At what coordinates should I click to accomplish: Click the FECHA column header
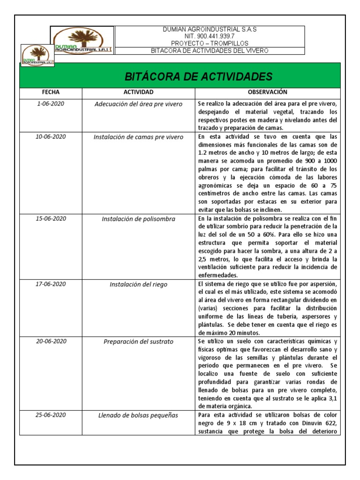pyautogui.click(x=51, y=92)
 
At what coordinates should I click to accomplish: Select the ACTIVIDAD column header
pyautogui.click(x=138, y=92)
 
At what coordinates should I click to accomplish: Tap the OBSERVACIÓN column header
pyautogui.click(x=267, y=92)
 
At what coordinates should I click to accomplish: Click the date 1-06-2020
pyautogui.click(x=51, y=104)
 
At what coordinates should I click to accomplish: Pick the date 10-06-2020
pyautogui.click(x=51, y=137)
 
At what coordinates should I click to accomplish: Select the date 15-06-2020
pyautogui.click(x=51, y=219)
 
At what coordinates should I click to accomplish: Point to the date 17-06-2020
pyautogui.click(x=51, y=284)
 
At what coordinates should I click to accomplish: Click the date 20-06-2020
pyautogui.click(x=51, y=341)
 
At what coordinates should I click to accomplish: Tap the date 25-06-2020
pyautogui.click(x=51, y=415)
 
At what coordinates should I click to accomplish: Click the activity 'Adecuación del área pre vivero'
pyautogui.click(x=138, y=104)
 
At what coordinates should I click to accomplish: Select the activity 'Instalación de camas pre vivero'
pyautogui.click(x=138, y=137)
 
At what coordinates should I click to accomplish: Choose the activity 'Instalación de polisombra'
pyautogui.click(x=138, y=219)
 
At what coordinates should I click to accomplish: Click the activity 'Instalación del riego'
pyautogui.click(x=138, y=285)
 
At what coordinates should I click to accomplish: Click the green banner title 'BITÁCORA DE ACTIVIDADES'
pyautogui.click(x=197, y=76)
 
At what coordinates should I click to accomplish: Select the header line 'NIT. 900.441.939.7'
pyautogui.click(x=209, y=36)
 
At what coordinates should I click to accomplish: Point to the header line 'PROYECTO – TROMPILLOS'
pyautogui.click(x=209, y=43)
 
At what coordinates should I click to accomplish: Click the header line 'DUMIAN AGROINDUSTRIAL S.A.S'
pyautogui.click(x=209, y=29)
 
